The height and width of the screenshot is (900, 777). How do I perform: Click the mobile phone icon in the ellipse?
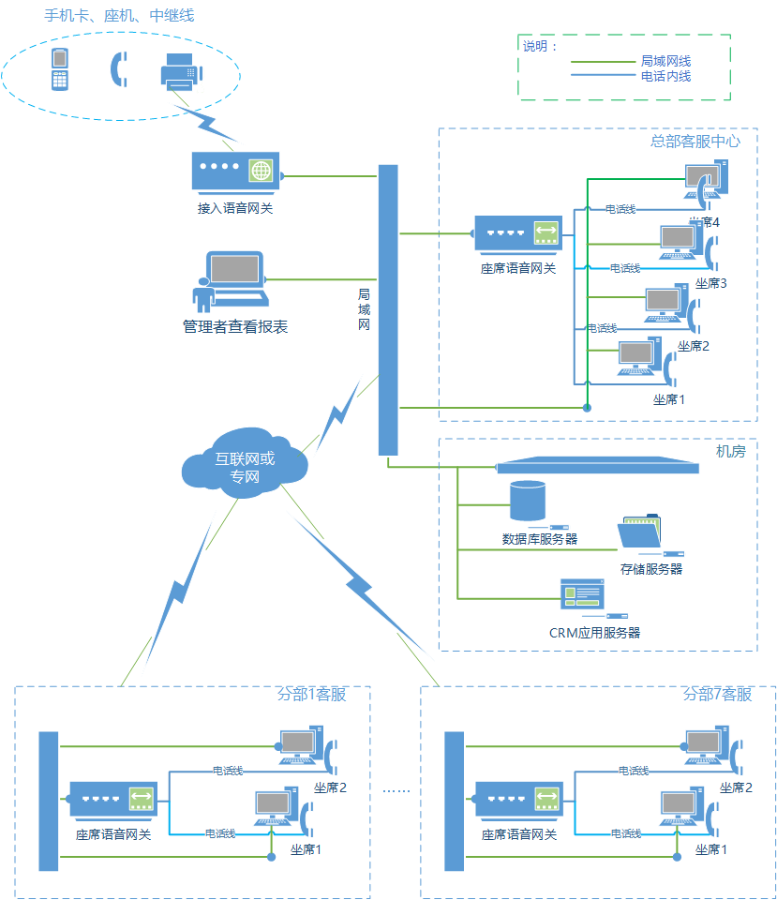coord(60,69)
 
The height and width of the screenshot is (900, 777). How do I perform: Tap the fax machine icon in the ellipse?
coord(181,71)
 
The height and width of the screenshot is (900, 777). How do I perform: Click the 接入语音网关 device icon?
coord(235,173)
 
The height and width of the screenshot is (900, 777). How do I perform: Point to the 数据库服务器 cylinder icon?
coord(527,501)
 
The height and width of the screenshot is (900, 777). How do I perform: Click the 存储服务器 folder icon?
coord(641,534)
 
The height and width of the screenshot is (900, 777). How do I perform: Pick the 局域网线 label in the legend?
coord(666,60)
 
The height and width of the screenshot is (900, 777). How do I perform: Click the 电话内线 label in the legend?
coord(666,76)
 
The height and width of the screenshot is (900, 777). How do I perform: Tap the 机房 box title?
coord(731,451)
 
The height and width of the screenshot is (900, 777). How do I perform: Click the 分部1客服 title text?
coord(311,695)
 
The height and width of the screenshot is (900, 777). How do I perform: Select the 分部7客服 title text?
coord(717,695)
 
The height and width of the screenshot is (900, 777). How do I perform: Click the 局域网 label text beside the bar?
coord(365,309)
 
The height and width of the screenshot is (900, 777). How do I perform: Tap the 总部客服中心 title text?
coord(695,142)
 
